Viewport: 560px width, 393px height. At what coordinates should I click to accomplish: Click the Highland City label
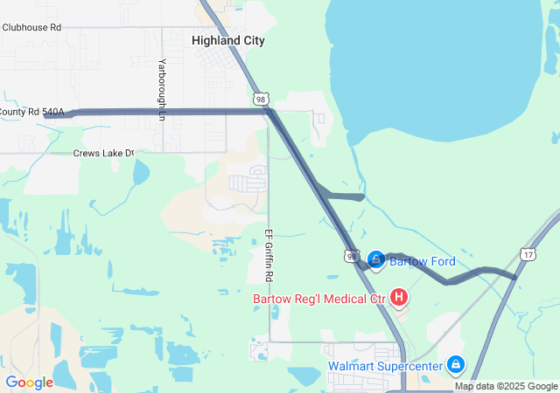(x=227, y=41)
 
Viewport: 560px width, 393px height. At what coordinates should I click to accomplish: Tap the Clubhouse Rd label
(x=31, y=27)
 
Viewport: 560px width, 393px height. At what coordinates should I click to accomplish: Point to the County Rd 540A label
(x=31, y=112)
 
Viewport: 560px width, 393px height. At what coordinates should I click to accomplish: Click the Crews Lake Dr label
(x=104, y=154)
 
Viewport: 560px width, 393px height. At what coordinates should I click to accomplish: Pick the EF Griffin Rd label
(x=269, y=254)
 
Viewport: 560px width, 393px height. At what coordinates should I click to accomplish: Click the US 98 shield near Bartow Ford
(x=352, y=256)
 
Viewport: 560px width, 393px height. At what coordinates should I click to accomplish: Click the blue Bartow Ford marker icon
(x=376, y=259)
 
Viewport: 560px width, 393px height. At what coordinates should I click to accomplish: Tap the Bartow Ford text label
(x=423, y=261)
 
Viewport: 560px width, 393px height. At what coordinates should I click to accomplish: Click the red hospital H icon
(x=399, y=299)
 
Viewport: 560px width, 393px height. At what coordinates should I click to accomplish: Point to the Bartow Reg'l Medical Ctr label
(x=319, y=300)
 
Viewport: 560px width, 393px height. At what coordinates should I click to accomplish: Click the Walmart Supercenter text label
(x=385, y=366)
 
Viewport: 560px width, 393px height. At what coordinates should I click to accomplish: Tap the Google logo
(x=30, y=383)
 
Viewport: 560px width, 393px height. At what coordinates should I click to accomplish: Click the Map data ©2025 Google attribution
(x=506, y=386)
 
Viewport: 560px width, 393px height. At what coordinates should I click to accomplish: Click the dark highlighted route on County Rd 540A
(x=157, y=112)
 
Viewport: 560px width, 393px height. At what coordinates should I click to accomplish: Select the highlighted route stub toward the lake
(x=346, y=196)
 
